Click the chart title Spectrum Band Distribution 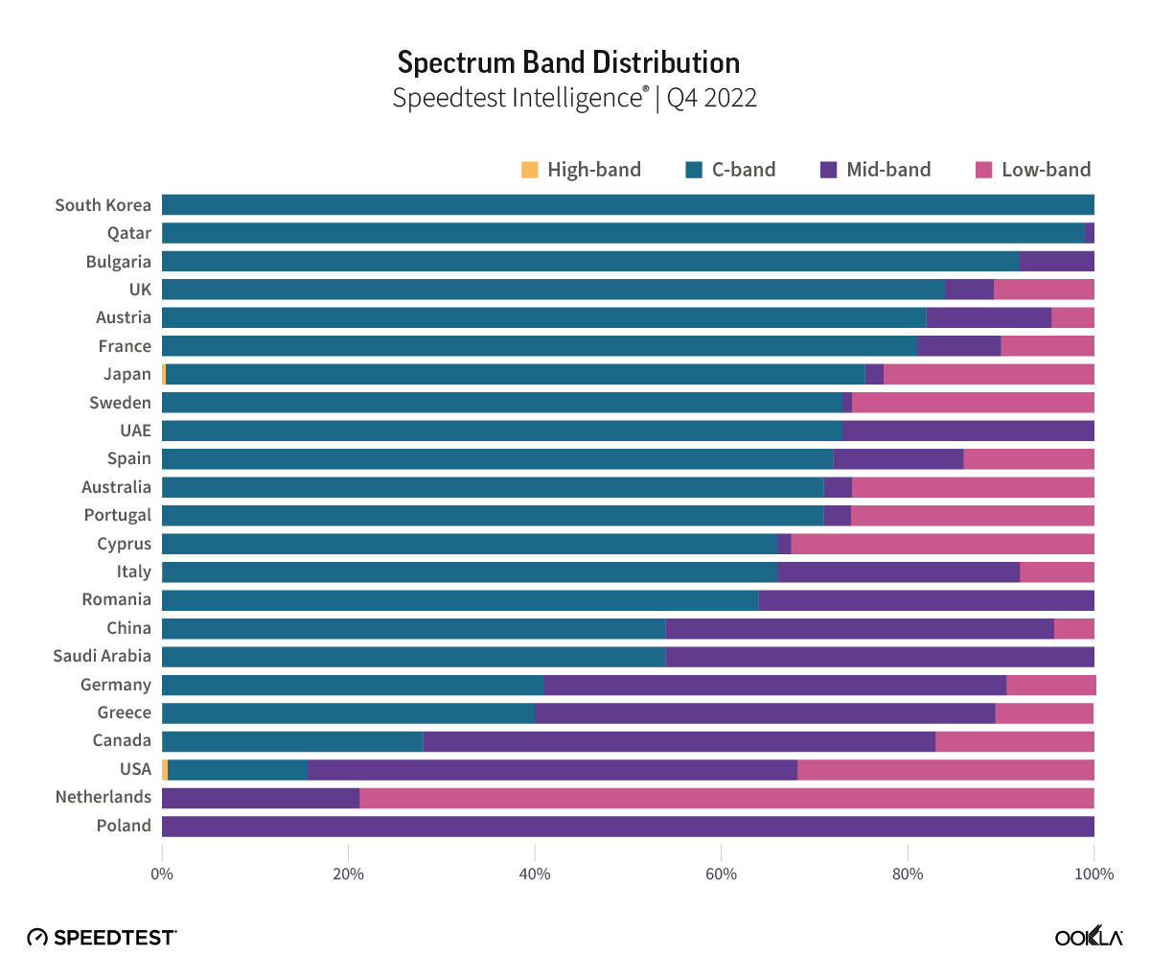click(x=568, y=62)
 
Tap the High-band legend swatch click(x=530, y=170)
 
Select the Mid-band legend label click(x=888, y=170)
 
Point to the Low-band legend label click(x=1046, y=170)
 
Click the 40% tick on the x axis click(x=535, y=874)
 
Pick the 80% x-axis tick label click(x=908, y=874)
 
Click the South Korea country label click(x=103, y=204)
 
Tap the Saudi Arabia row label click(x=102, y=656)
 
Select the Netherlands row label click(x=103, y=797)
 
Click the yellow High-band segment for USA click(x=165, y=769)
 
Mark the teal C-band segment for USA click(x=238, y=769)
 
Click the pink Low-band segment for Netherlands click(x=726, y=798)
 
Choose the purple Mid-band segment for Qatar click(x=1090, y=233)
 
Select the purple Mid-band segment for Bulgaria click(x=1057, y=261)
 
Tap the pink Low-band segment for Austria click(x=1072, y=317)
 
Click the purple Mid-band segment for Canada click(x=679, y=741)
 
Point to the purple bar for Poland click(x=628, y=826)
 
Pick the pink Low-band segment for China click(x=1074, y=628)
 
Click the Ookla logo click(x=1089, y=937)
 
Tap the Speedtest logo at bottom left click(x=102, y=937)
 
